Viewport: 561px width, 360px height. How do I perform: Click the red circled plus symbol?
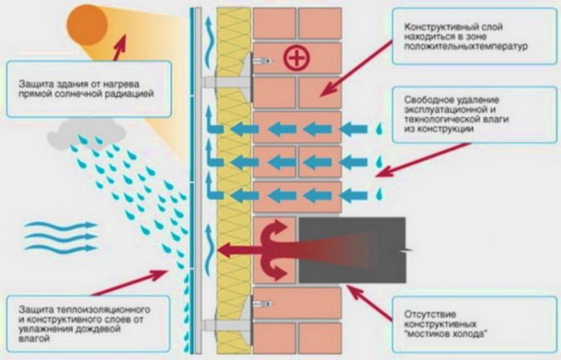295,59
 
